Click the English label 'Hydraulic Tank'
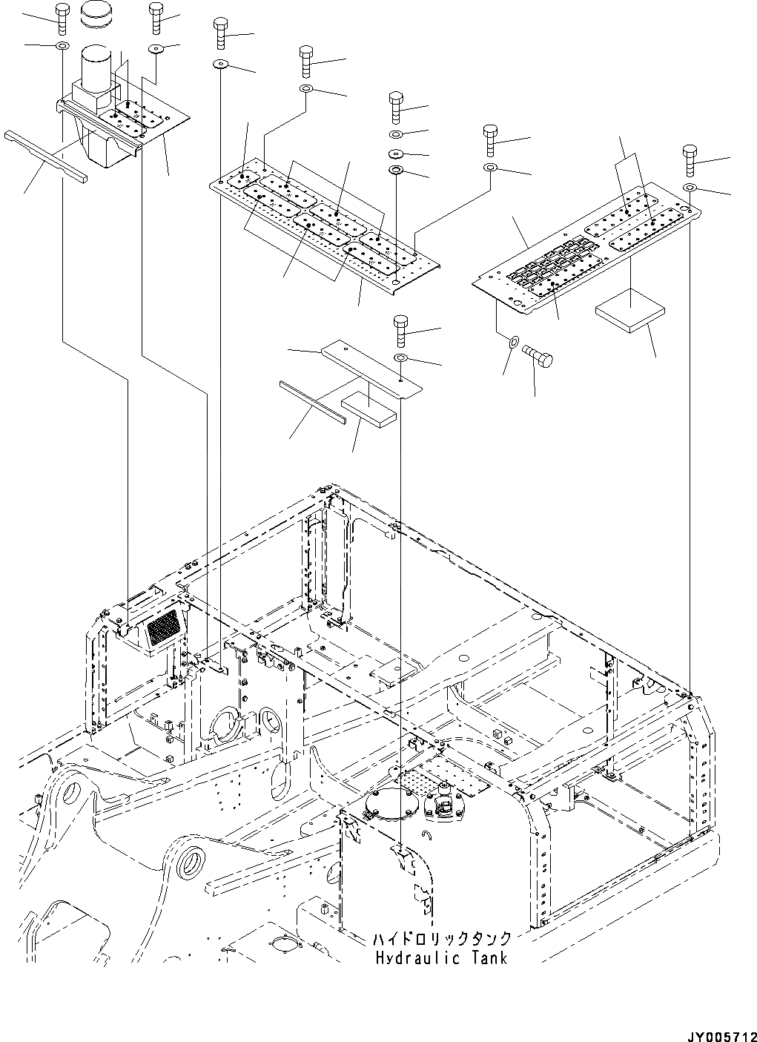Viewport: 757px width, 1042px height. [x=440, y=958]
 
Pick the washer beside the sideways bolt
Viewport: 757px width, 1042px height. [x=512, y=343]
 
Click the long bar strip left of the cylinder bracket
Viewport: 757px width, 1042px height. [x=45, y=155]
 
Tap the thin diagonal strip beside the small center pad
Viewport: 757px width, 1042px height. [x=311, y=403]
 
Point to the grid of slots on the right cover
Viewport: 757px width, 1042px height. [x=552, y=265]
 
